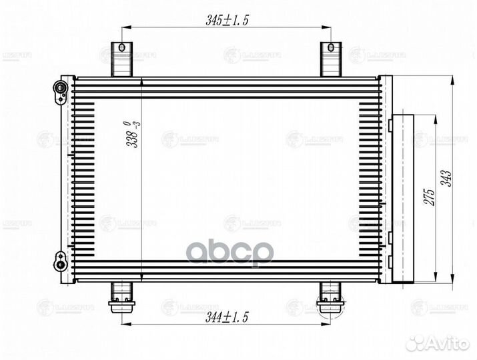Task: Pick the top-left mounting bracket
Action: [121, 59]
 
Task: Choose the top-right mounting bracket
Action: [331, 59]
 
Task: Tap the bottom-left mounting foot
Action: [121, 296]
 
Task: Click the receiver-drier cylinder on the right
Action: [402, 198]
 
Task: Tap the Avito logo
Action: [440, 342]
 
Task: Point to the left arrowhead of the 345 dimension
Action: [125, 28]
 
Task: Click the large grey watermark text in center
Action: [229, 253]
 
